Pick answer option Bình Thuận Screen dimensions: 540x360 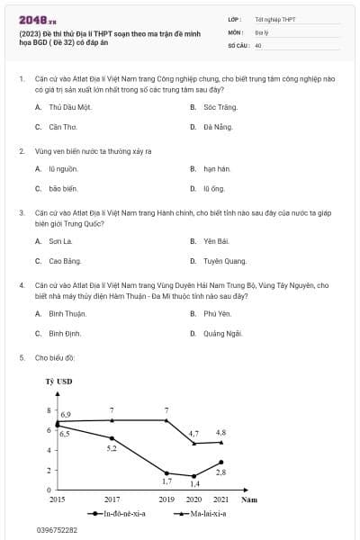tap(67, 313)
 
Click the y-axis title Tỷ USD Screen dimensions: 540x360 tap(58, 381)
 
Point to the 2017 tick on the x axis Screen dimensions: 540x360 tap(112, 499)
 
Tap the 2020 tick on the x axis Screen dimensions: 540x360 tap(193, 499)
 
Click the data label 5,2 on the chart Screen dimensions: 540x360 tap(112, 448)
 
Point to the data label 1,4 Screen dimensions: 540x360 tap(194, 484)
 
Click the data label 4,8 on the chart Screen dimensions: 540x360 tap(220, 433)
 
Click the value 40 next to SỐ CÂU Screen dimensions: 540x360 tap(258, 44)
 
